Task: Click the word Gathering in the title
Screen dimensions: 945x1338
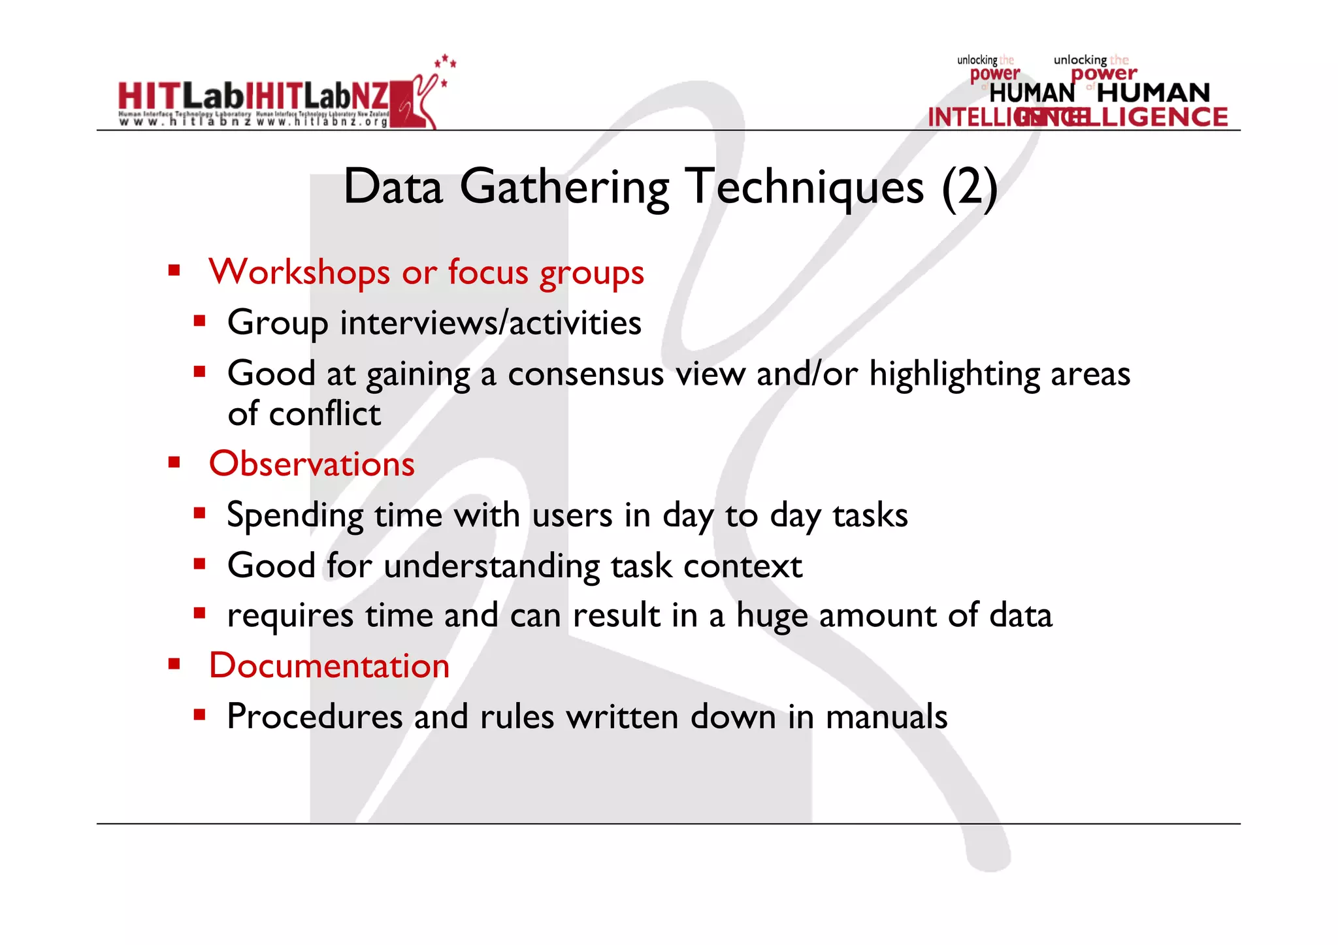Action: pos(564,187)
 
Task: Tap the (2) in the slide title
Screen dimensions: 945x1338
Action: pos(970,187)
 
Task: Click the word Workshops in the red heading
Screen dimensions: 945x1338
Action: pos(299,272)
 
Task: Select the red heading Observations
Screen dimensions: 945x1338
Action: pos(312,464)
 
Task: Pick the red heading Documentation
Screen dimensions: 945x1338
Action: pos(329,665)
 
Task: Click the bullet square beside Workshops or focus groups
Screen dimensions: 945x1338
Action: pos(174,270)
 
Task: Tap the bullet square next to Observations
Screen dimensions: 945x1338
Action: pos(174,463)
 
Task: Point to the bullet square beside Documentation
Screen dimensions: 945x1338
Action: pos(174,664)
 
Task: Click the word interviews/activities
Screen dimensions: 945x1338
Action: pos(491,323)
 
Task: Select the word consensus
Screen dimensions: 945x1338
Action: pos(585,374)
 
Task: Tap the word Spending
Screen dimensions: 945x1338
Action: pos(295,516)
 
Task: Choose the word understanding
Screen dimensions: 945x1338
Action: pos(492,566)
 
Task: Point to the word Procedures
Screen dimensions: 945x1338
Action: pos(314,716)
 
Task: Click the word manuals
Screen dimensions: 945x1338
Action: pos(886,716)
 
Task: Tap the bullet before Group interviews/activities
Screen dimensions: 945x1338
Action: pos(200,321)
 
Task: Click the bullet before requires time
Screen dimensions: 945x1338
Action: pos(200,613)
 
